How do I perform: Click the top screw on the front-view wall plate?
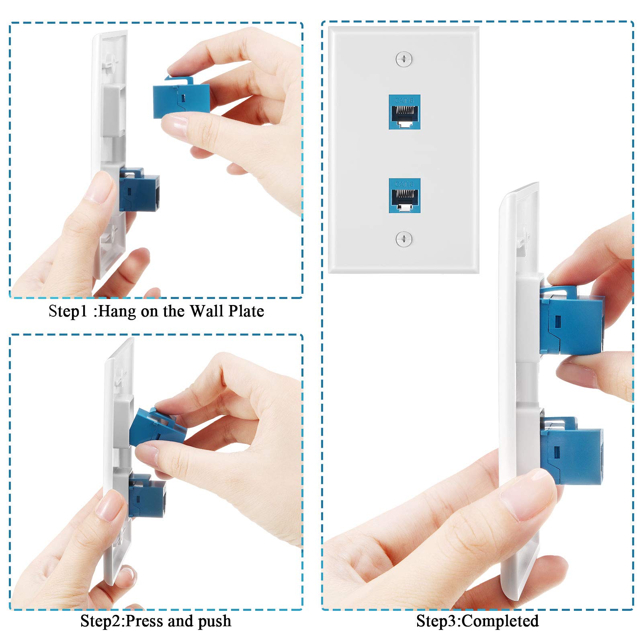click(x=403, y=59)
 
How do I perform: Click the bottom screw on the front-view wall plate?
click(x=403, y=239)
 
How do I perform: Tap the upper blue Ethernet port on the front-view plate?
click(x=404, y=112)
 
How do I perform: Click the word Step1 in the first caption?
click(x=68, y=311)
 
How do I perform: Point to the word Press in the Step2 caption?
click(x=145, y=621)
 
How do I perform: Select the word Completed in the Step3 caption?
click(x=500, y=621)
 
